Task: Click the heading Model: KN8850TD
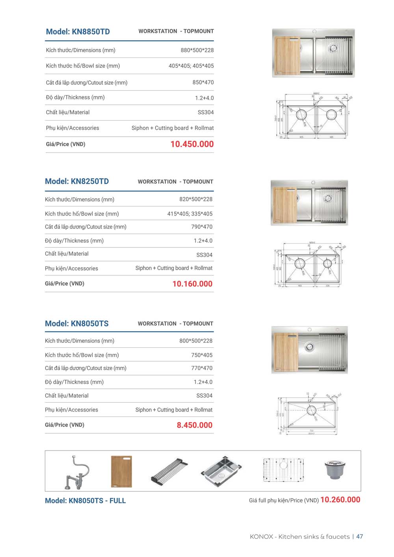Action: coord(78,32)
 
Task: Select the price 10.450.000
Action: coord(192,144)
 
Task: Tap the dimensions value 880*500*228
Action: coord(197,50)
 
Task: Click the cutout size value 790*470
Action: coord(202,227)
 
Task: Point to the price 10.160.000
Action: coord(192,284)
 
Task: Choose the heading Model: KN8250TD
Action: coord(77,181)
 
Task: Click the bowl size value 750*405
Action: coord(202,355)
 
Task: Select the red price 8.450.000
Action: coord(194,425)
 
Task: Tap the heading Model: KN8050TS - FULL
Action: coord(85,501)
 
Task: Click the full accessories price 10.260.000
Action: coord(340,499)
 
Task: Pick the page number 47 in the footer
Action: coord(359,537)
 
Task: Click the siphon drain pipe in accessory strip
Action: coord(77,473)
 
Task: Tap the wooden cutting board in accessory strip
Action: coord(121,472)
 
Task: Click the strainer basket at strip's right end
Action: coord(333,470)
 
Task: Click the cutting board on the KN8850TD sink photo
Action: coord(288,55)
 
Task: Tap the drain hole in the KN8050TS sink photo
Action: coord(310,347)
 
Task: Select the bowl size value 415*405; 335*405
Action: coord(190,214)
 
